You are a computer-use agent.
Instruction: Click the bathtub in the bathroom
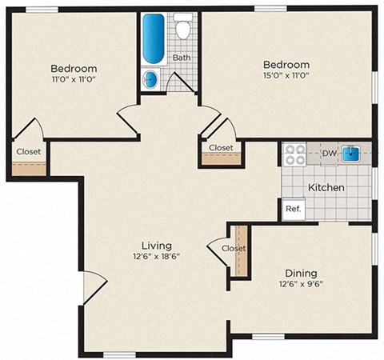(153, 38)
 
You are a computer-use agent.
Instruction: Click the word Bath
(182, 58)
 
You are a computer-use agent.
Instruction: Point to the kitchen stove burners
(293, 153)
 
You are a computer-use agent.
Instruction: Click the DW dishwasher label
(328, 153)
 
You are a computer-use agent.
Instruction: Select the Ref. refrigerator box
(292, 209)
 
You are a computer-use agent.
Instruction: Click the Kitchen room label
(326, 187)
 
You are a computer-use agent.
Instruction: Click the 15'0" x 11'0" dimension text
(286, 76)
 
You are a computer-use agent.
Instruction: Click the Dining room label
(301, 272)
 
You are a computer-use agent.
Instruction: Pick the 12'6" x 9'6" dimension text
(301, 283)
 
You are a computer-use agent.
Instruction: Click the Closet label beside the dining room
(234, 248)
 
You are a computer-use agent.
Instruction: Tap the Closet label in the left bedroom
(29, 150)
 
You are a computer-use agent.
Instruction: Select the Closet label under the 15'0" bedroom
(221, 148)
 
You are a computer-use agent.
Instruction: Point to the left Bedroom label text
(74, 69)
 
